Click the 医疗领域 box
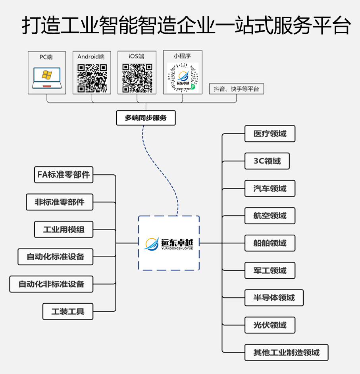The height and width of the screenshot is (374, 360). pyautogui.click(x=270, y=134)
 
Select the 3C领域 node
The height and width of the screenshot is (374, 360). pyautogui.click(x=267, y=161)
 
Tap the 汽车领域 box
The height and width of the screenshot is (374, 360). pyautogui.click(x=270, y=188)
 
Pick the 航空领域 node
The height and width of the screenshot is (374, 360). pyautogui.click(x=270, y=216)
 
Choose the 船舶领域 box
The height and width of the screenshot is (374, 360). pyautogui.click(x=270, y=243)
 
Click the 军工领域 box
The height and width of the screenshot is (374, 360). pyautogui.click(x=270, y=270)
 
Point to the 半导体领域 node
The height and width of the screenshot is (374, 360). pyautogui.click(x=274, y=298)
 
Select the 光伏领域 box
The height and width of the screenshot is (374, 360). pyautogui.click(x=270, y=325)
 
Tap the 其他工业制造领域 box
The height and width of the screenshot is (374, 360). pyautogui.click(x=286, y=353)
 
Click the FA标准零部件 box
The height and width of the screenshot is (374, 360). pyautogui.click(x=64, y=175)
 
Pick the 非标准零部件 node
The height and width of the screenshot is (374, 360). pyautogui.click(x=60, y=202)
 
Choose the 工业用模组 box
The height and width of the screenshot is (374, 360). pyautogui.click(x=64, y=229)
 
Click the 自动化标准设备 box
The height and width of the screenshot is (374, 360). pyautogui.click(x=55, y=257)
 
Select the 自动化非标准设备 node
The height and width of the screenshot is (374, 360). pyautogui.click(x=51, y=284)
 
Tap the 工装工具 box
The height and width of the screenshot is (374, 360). pyautogui.click(x=68, y=311)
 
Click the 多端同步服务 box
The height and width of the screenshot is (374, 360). pyautogui.click(x=146, y=118)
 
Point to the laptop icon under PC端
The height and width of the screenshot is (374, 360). pyautogui.click(x=47, y=77)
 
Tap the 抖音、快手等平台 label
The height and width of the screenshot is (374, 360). pyautogui.click(x=236, y=89)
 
